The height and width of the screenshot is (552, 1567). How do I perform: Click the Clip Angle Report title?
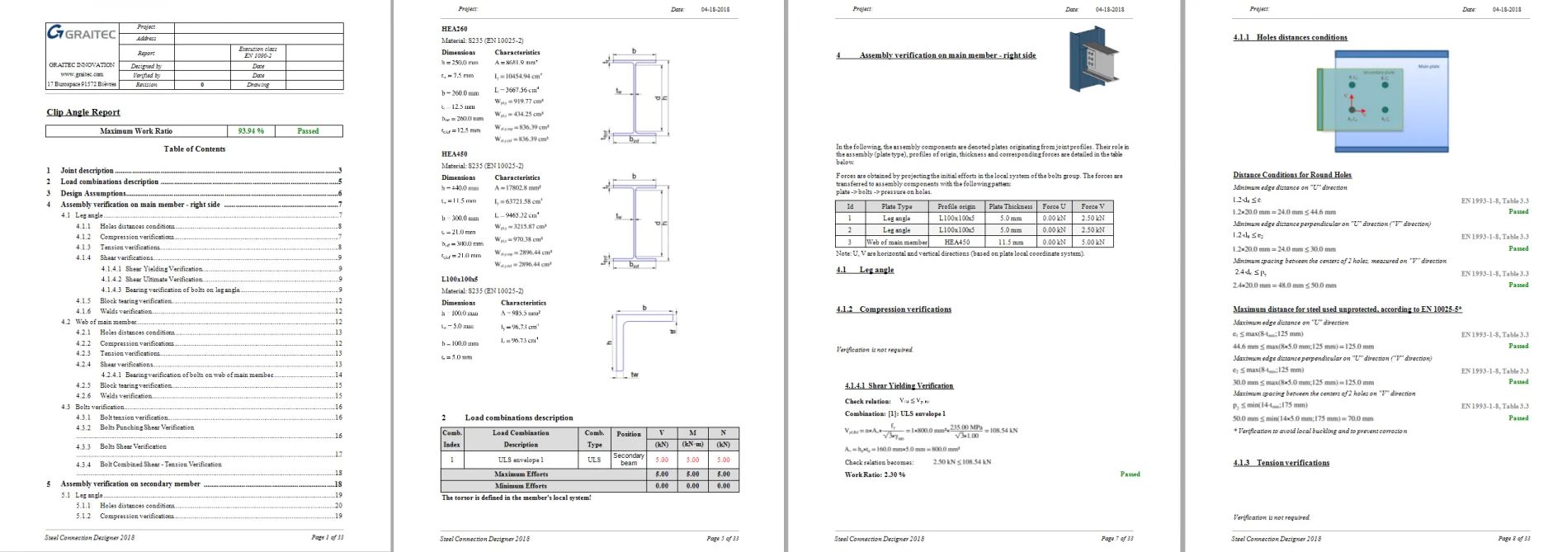pos(83,112)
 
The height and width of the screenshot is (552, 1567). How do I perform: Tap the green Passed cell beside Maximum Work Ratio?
pos(308,131)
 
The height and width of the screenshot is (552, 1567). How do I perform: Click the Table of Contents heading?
pos(195,149)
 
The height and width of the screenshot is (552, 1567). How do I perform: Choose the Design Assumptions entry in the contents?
pos(93,193)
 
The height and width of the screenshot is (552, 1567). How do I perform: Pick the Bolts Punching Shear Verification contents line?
pos(147,427)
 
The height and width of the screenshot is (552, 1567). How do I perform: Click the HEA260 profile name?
pos(454,29)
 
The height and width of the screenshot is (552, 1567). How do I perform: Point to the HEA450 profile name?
pos(454,154)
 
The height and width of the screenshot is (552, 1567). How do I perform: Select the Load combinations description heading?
pos(518,418)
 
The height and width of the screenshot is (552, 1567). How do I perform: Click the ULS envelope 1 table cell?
pos(521,460)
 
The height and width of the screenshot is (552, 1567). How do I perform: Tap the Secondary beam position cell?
pos(628,459)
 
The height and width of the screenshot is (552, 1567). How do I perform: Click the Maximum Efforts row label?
pos(521,474)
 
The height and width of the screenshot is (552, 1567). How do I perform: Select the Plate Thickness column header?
pos(1010,206)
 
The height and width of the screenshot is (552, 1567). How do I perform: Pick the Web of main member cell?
pos(896,243)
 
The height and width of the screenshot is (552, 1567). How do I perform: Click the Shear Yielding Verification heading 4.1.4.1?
pos(899,386)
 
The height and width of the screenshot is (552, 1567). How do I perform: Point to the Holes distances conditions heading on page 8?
pos(1291,38)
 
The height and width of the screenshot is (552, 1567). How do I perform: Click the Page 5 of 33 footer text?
pos(722,539)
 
